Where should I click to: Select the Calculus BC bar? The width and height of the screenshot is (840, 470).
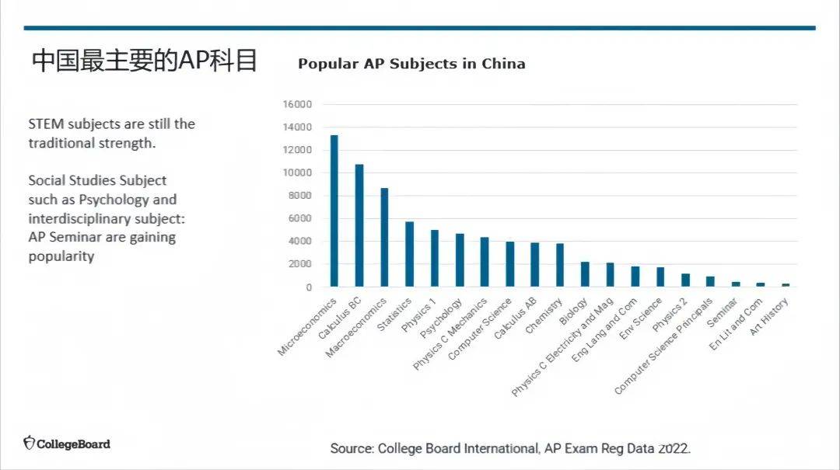tap(359, 225)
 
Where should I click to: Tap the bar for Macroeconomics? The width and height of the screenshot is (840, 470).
tap(384, 237)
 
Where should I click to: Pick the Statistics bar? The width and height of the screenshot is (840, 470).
tap(409, 254)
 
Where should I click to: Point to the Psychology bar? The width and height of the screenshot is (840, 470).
tap(460, 260)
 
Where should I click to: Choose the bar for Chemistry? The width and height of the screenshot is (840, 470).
tap(560, 265)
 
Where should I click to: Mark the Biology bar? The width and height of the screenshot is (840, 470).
tap(585, 274)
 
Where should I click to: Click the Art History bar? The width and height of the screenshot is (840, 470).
tap(786, 285)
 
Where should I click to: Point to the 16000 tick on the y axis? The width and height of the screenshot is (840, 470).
tap(298, 104)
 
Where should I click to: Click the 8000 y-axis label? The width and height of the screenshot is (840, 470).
tap(300, 196)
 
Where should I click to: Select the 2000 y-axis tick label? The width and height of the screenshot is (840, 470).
tap(300, 264)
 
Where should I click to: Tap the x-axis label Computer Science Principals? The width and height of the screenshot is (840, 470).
tap(664, 346)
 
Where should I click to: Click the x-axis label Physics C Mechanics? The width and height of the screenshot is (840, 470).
tap(451, 332)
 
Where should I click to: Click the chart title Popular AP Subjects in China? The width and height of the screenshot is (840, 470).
tap(411, 64)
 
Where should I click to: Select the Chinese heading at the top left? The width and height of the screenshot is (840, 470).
tap(145, 61)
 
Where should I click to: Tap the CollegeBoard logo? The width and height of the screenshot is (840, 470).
tap(67, 444)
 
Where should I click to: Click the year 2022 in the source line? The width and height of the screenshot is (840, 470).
tap(674, 448)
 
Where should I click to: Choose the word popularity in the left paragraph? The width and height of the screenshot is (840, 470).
tap(61, 256)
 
